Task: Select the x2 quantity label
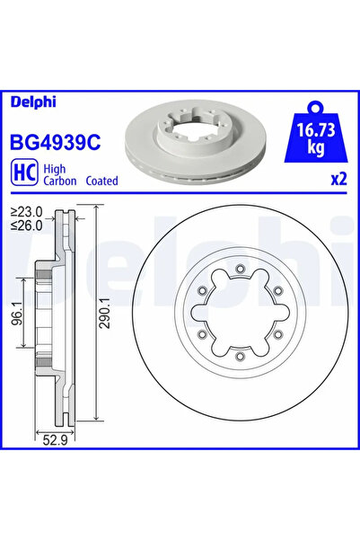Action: [x=338, y=179]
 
